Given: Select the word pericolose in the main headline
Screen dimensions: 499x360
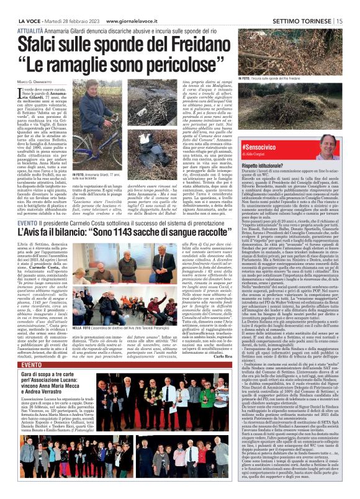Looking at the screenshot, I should (x=167, y=47).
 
